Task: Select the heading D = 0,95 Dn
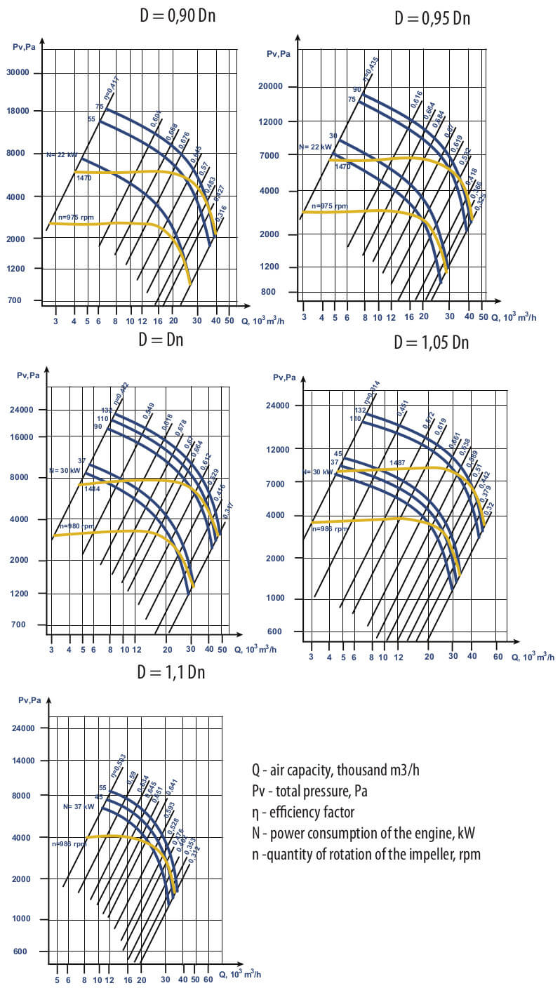coord(432,18)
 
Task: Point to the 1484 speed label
coord(91,489)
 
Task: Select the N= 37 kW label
coord(78,807)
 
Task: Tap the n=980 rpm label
coord(76,526)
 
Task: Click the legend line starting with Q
coord(335,770)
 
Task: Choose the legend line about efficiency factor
coord(302,812)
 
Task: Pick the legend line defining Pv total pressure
coord(309,791)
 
